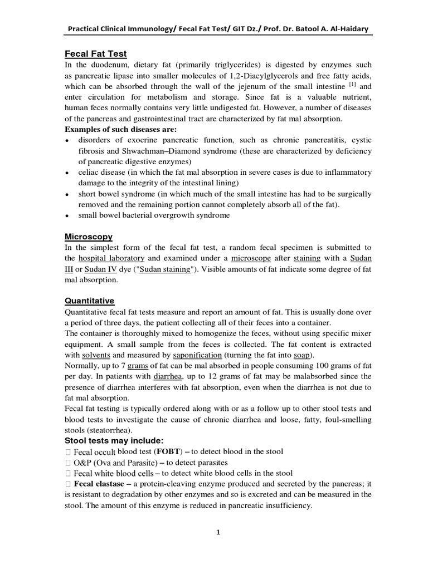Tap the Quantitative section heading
click(89, 301)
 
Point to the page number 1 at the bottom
click(218, 532)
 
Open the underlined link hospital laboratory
click(111, 259)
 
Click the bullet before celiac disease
click(66, 173)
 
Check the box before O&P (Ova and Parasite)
click(68, 462)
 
